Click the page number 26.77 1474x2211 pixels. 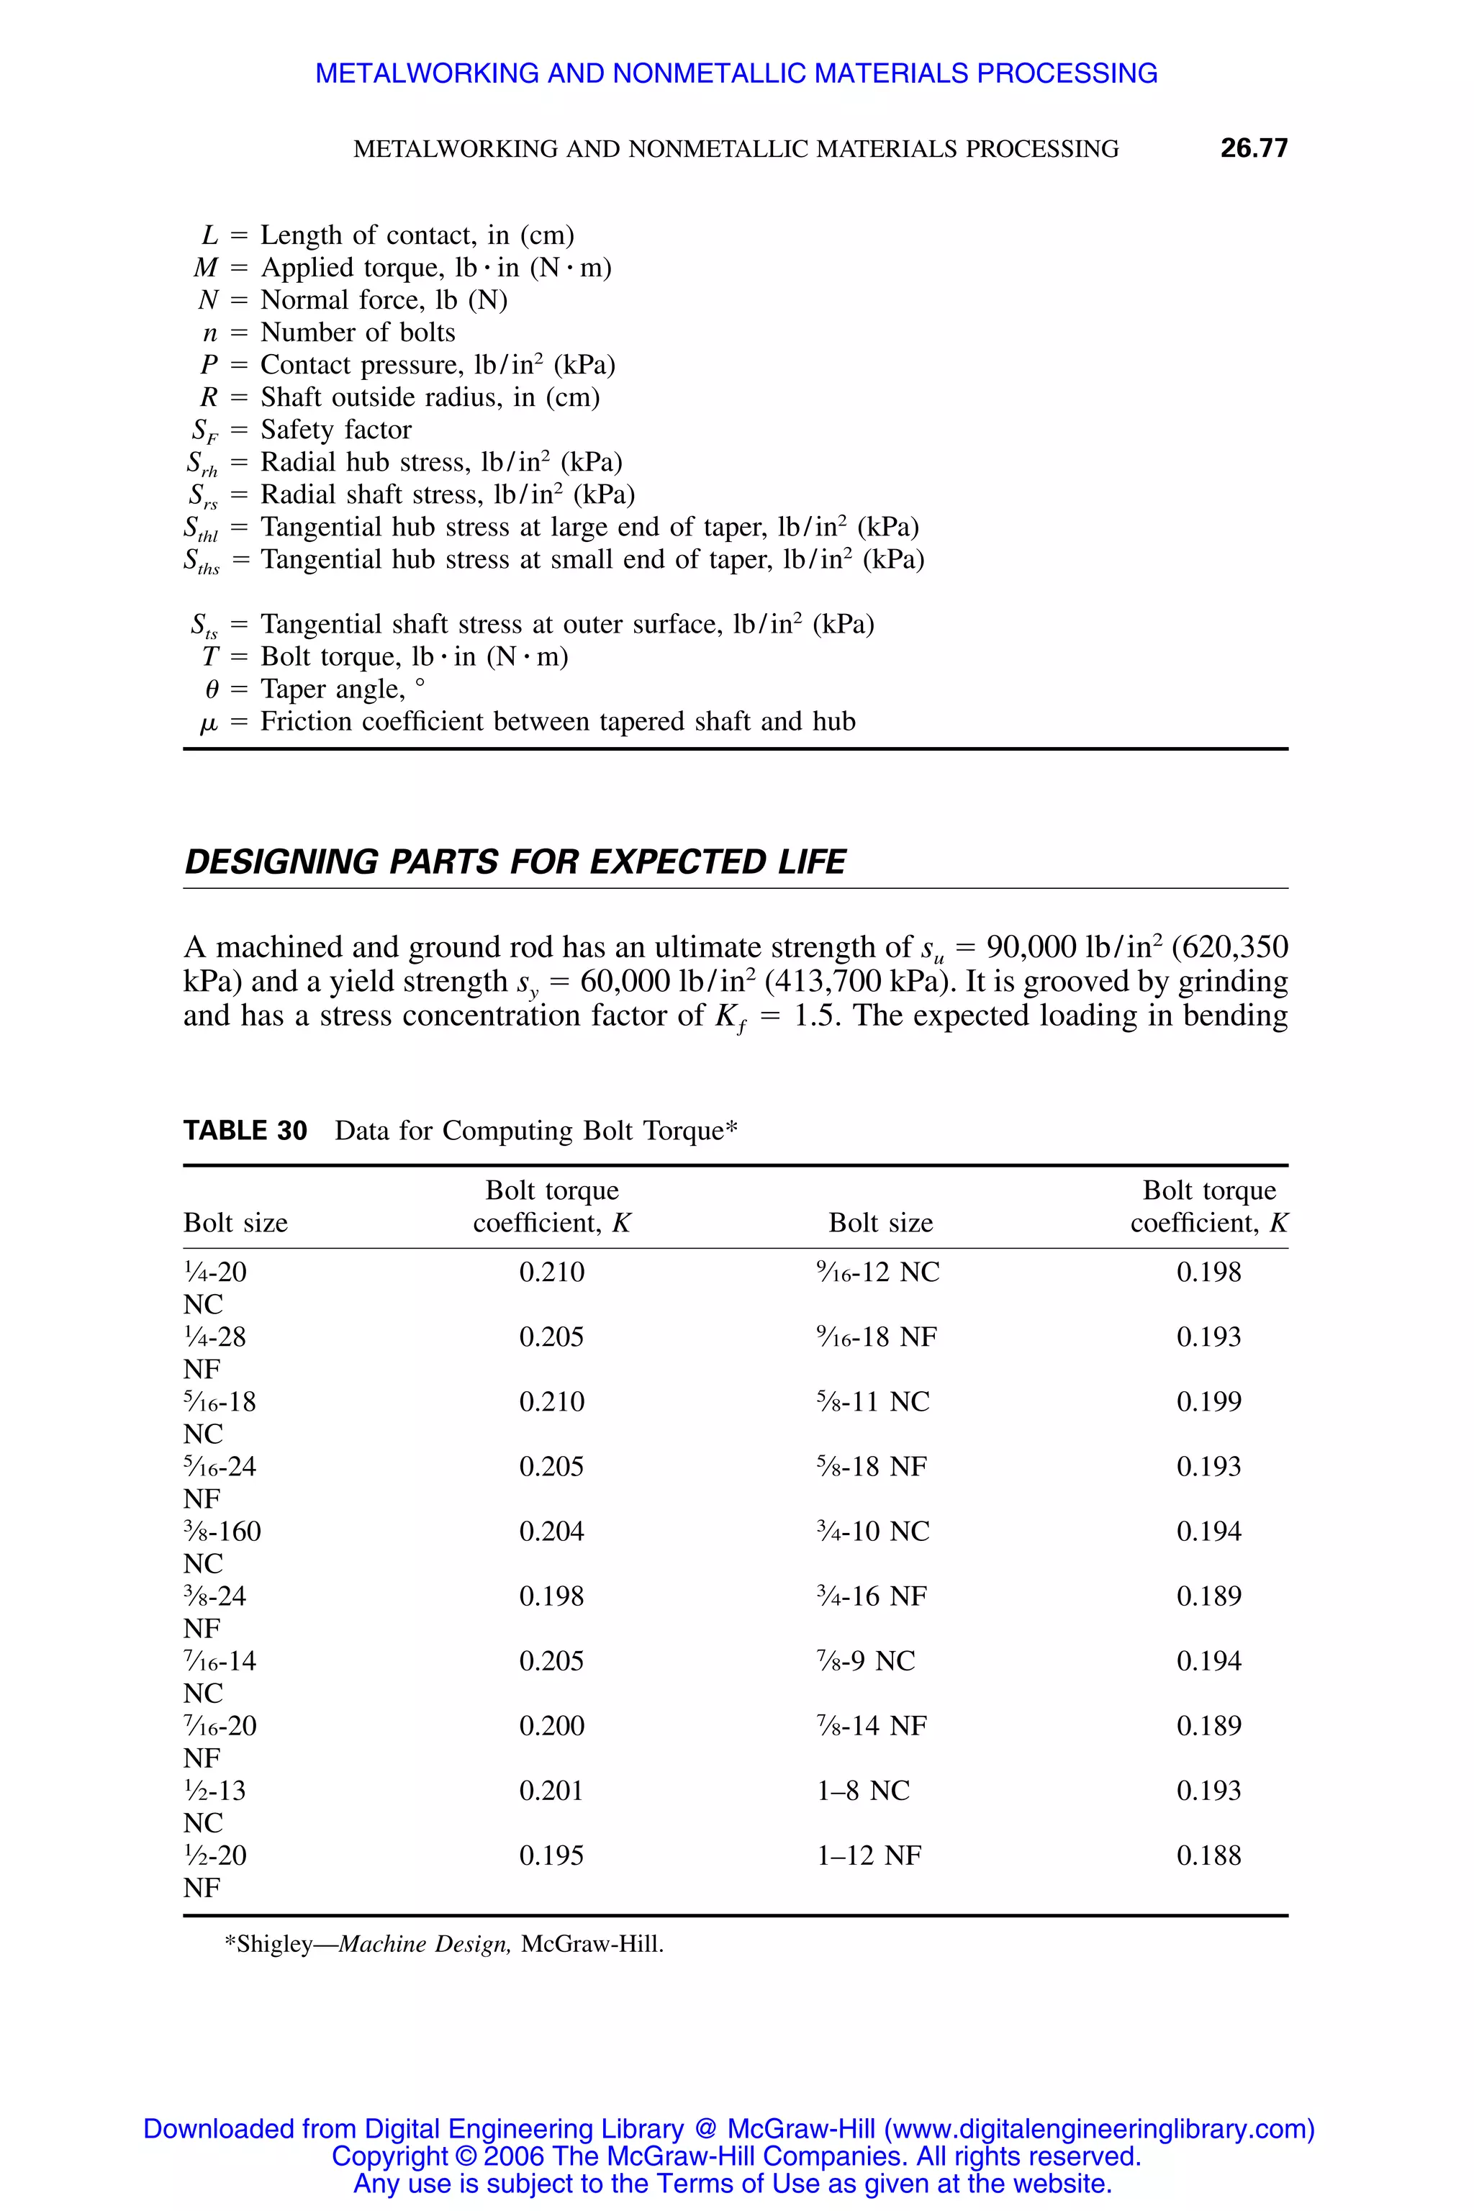click(1253, 148)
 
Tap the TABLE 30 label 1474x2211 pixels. click(245, 1130)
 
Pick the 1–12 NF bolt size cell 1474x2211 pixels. click(869, 1855)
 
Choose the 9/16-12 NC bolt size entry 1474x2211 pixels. click(877, 1272)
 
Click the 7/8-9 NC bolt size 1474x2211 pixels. click(865, 1661)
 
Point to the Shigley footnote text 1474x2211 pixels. click(443, 1944)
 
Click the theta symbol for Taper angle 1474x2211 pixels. click(212, 690)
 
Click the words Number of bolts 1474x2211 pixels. click(357, 333)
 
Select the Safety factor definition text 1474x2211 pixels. click(335, 430)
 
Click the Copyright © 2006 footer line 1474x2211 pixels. click(736, 2156)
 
